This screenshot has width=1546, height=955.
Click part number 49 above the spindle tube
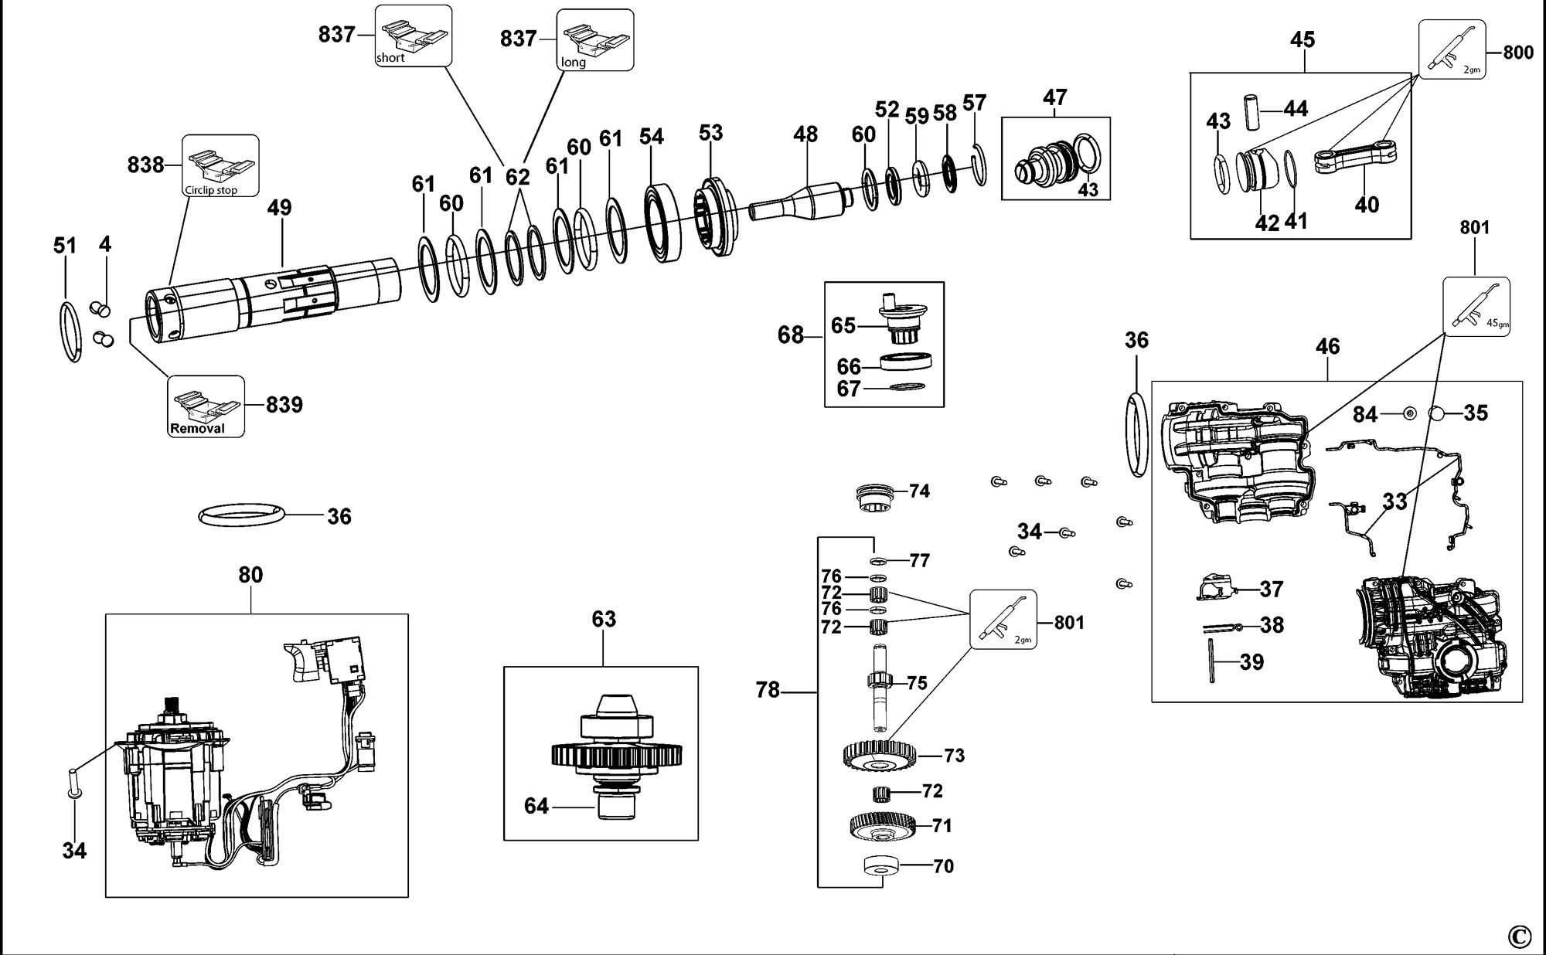click(x=280, y=208)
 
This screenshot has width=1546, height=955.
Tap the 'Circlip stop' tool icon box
click(x=220, y=165)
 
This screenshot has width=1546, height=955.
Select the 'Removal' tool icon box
click(x=206, y=406)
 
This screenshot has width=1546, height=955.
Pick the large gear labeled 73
click(x=880, y=755)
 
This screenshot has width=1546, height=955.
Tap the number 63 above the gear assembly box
click(x=604, y=619)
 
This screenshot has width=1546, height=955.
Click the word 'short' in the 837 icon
click(x=390, y=58)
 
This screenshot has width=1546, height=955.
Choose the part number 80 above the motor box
click(x=250, y=575)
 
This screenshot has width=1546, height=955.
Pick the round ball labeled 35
click(x=1438, y=413)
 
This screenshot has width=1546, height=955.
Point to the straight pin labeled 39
click(x=1211, y=661)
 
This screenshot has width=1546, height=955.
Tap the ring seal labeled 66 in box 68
click(x=906, y=362)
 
